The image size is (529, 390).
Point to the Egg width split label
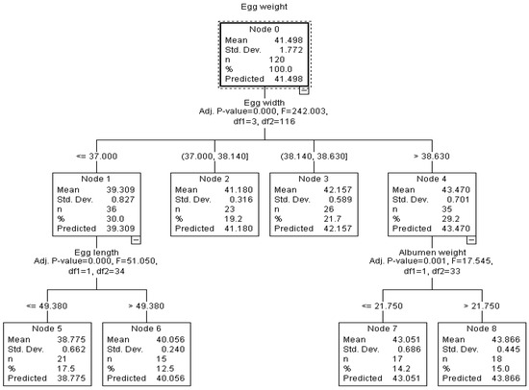[x=264, y=103]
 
